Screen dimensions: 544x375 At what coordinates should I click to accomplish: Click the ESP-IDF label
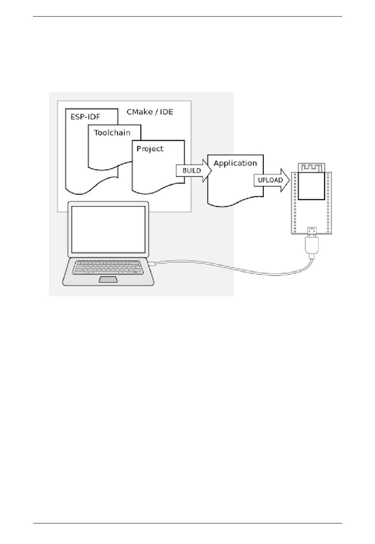pos(85,117)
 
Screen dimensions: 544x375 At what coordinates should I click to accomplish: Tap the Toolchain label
pos(112,133)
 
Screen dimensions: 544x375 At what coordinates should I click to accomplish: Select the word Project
pos(150,149)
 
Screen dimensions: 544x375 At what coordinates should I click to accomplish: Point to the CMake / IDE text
pos(150,112)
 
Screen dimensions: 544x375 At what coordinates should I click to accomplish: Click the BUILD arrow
pos(192,171)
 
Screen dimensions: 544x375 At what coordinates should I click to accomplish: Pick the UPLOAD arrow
pos(271,180)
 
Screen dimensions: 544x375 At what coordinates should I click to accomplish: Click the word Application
pos(235,163)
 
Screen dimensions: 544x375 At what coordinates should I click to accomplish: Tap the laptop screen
pos(108,229)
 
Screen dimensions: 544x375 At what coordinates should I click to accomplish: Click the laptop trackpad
pos(108,280)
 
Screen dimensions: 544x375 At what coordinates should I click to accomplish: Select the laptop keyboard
pos(108,267)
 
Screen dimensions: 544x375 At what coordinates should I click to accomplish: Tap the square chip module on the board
pos(311,186)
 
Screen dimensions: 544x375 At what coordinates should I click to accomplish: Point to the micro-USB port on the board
pos(312,230)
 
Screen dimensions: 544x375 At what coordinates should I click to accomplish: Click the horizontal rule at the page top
pos(187,17)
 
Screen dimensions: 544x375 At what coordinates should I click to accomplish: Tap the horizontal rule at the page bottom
pos(187,523)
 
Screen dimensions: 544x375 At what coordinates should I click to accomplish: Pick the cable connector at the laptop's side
pos(152,263)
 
